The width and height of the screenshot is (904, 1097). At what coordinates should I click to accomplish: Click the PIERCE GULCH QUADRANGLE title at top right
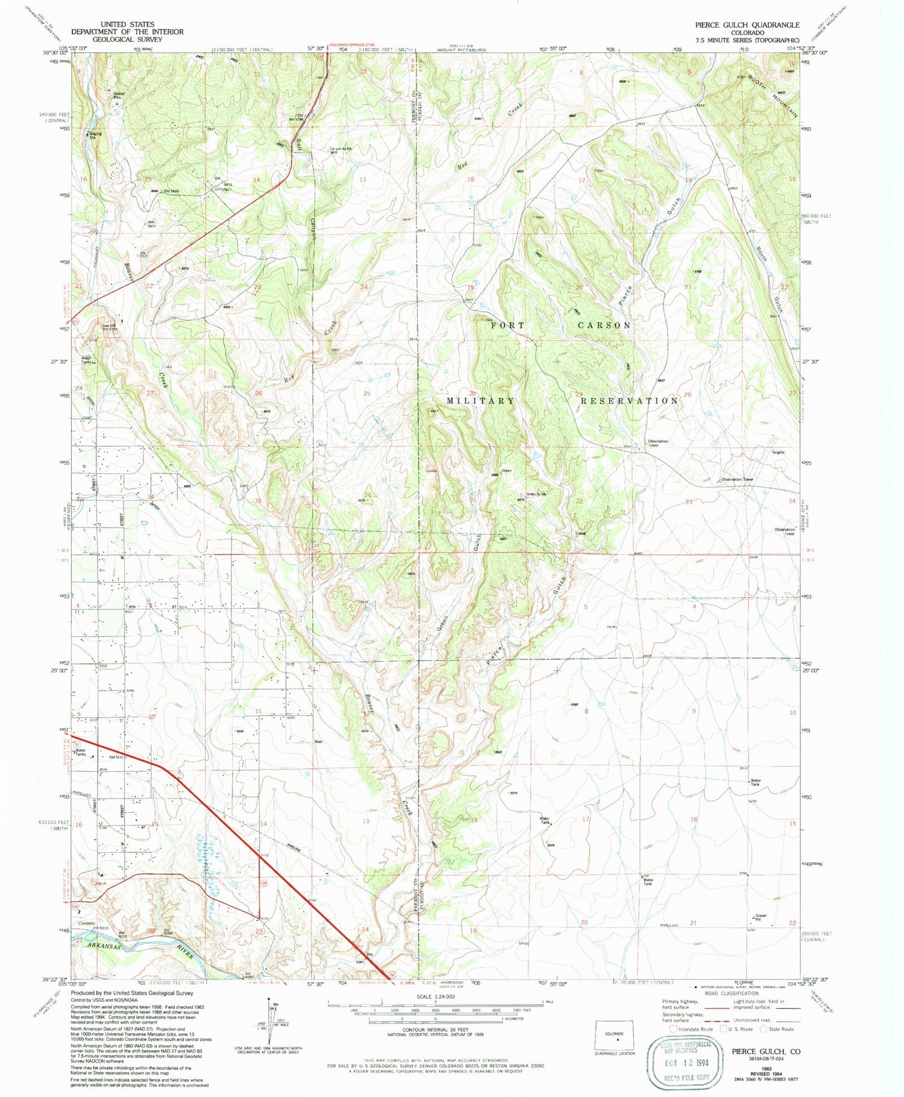[x=747, y=25]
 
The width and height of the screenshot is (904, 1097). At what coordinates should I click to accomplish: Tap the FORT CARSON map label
[x=561, y=325]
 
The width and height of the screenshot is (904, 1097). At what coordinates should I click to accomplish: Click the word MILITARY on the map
[x=481, y=401]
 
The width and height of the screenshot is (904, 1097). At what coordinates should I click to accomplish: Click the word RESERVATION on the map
[x=629, y=401]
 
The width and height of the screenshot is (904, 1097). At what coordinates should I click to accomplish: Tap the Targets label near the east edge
[x=777, y=452]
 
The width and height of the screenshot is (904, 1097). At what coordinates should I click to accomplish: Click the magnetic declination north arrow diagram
[x=269, y=1019]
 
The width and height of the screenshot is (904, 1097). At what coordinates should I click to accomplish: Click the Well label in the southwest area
[x=319, y=742]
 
